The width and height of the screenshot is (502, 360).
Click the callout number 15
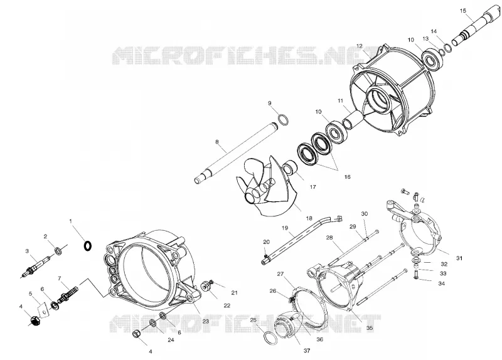[463, 11]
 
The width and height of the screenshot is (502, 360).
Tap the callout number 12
[359, 46]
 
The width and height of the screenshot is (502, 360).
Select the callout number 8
[217, 141]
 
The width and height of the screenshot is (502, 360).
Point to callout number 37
[307, 351]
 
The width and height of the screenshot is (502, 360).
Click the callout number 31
[459, 258]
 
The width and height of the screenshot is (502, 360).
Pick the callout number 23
[206, 320]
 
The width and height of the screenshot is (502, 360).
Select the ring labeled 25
[271, 339]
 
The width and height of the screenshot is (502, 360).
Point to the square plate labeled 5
[43, 309]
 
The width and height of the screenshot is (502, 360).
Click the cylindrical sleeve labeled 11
[351, 119]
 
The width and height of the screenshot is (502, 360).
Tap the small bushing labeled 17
[291, 167]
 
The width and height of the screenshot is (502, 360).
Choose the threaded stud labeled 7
[68, 295]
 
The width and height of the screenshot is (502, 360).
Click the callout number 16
[348, 177]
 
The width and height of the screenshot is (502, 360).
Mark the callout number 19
[285, 228]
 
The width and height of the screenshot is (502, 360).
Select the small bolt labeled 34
[416, 274]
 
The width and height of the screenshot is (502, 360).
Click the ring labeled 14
[448, 48]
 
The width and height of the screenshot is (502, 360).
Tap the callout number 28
[329, 238]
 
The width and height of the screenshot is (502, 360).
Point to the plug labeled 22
[206, 286]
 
